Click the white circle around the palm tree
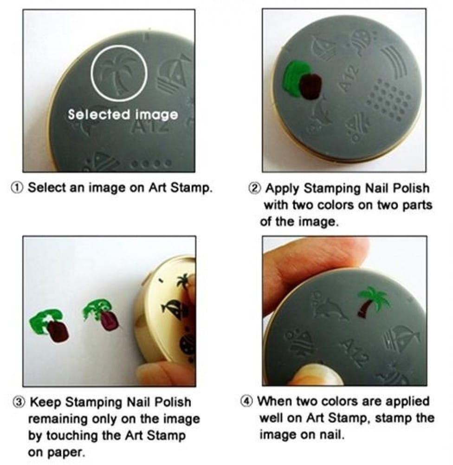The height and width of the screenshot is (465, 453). [119, 45]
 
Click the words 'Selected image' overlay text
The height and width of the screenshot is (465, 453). [123, 115]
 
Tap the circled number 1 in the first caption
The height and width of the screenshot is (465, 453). [17, 188]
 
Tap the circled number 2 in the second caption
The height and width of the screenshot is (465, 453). [254, 188]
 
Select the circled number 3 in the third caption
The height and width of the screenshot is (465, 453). [19, 402]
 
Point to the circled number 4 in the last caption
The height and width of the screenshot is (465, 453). [246, 401]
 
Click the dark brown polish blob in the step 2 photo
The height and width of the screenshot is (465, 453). [311, 86]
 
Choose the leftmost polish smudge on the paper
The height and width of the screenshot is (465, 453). [50, 325]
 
